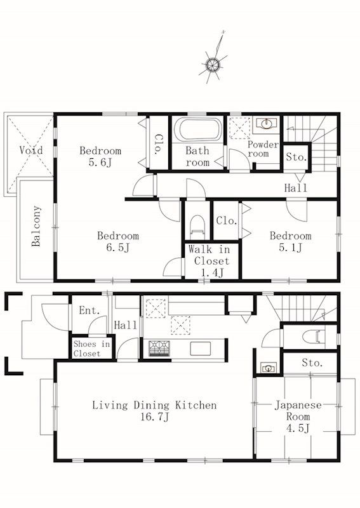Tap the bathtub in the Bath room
coord(199,130)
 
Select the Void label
coord(30,150)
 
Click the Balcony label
coord(36,226)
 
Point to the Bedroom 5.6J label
coord(100,156)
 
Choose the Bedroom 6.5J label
coord(118,241)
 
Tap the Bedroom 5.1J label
coord(291,241)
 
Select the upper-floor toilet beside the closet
coord(197,225)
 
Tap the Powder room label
coord(263,149)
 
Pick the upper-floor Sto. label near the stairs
coord(296,157)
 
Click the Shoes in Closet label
coord(91,349)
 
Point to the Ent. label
coord(90,311)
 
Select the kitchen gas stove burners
coord(159,349)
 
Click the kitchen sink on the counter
coord(200,349)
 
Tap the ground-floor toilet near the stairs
coord(313,337)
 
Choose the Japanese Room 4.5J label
coord(298,417)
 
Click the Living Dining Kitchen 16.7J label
coord(154,410)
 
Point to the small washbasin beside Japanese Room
coord(269,368)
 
